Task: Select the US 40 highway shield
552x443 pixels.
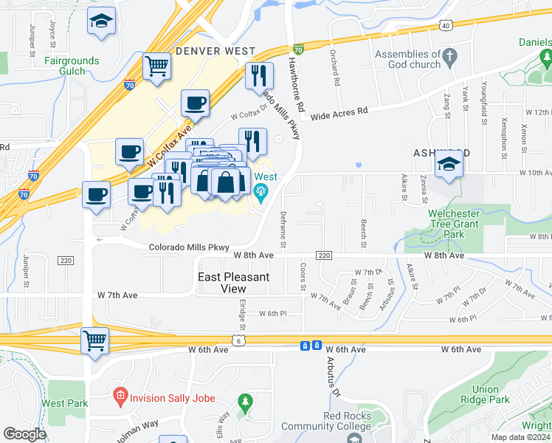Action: [445, 25]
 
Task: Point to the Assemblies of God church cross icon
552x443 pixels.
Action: [449, 55]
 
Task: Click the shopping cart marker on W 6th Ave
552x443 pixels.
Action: [95, 341]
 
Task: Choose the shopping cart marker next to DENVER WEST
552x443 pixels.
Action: [156, 66]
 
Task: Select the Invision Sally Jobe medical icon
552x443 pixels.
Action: [120, 398]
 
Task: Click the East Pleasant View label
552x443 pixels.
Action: [233, 283]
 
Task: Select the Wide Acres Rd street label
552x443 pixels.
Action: [339, 114]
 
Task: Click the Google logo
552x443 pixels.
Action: [24, 434]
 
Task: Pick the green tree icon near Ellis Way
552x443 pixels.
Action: [245, 402]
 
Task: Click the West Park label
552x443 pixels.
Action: [65, 403]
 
